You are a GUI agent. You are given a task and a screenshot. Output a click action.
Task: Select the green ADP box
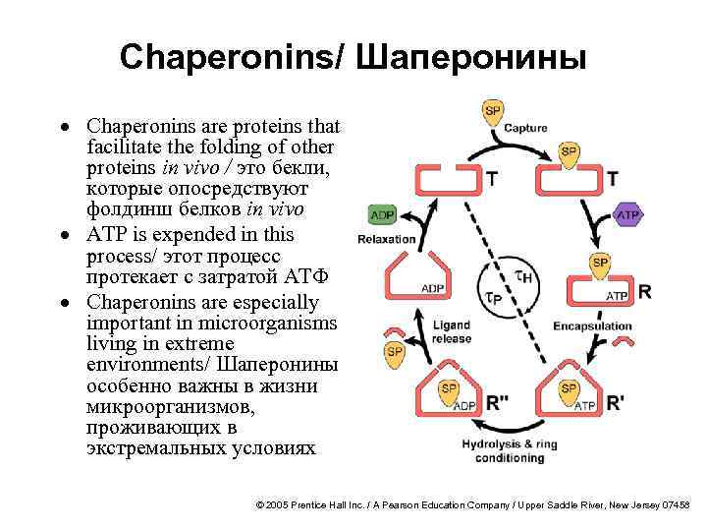[x=381, y=215]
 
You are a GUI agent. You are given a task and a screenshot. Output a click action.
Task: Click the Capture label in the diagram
[x=525, y=129]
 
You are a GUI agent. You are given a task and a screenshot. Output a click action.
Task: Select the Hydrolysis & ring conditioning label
[x=510, y=450]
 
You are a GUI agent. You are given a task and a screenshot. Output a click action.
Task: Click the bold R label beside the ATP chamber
[x=644, y=292]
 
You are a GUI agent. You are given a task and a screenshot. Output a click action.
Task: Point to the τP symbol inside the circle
[x=494, y=296]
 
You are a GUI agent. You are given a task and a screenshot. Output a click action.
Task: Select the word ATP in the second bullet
[x=109, y=236]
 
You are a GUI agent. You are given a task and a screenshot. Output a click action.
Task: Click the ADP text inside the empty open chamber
[x=433, y=288]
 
